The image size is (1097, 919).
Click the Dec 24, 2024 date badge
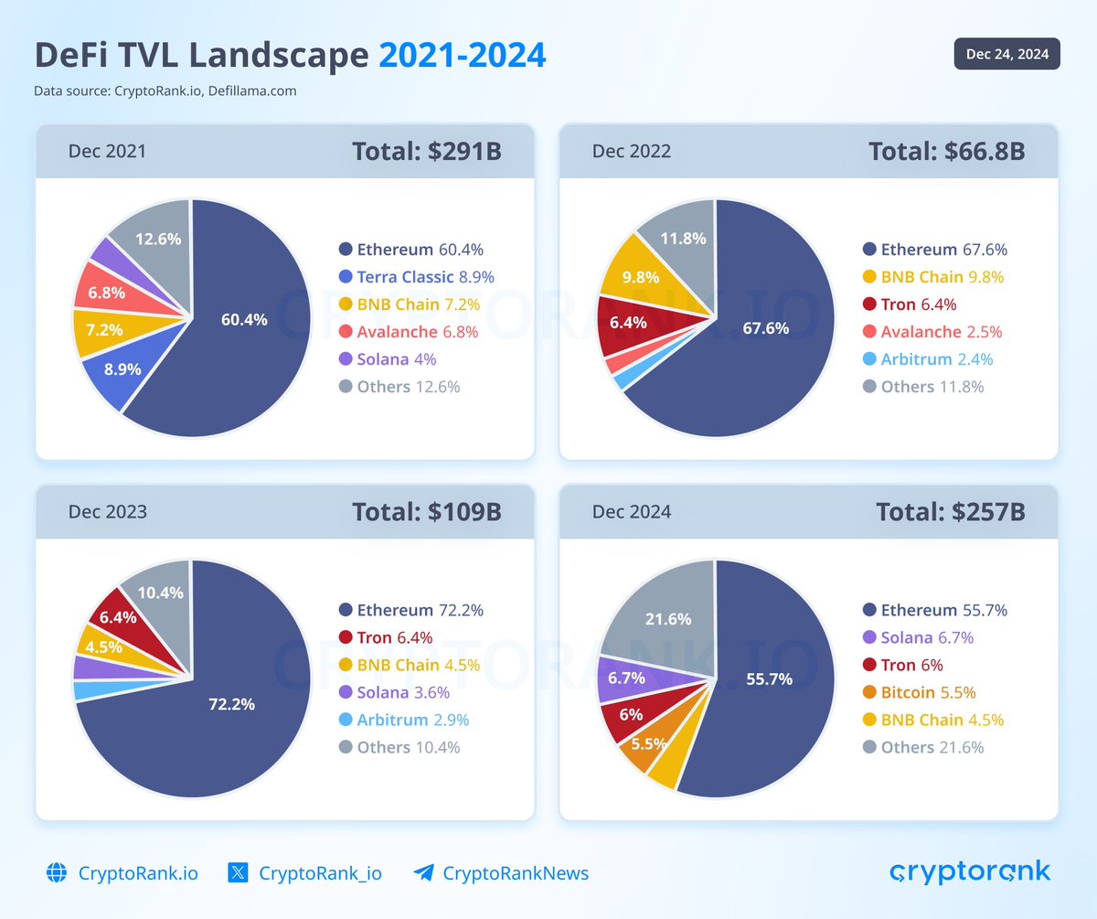click(x=1006, y=54)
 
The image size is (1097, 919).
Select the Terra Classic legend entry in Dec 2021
click(x=416, y=277)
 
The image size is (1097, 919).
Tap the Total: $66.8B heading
click(x=946, y=151)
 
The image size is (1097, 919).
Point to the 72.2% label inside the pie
click(x=232, y=705)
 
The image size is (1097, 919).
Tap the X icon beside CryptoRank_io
click(x=238, y=872)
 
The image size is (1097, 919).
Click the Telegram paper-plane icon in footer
click(x=423, y=872)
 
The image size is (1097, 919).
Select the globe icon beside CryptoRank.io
click(x=57, y=872)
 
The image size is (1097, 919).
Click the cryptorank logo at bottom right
click(x=970, y=871)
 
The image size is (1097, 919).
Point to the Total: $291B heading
click(x=426, y=151)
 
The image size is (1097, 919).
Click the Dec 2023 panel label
click(x=107, y=511)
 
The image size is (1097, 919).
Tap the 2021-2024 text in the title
click(x=462, y=56)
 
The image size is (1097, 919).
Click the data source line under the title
click(x=165, y=91)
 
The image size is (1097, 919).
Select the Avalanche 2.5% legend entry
click(x=940, y=332)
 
